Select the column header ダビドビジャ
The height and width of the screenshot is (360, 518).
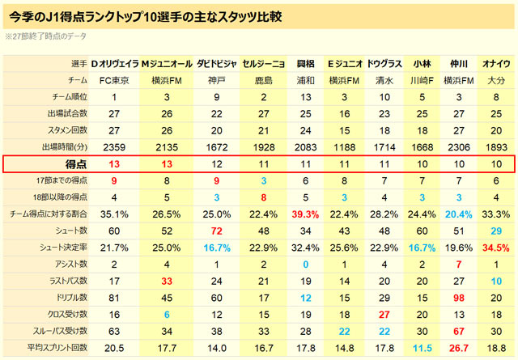(216, 63)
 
